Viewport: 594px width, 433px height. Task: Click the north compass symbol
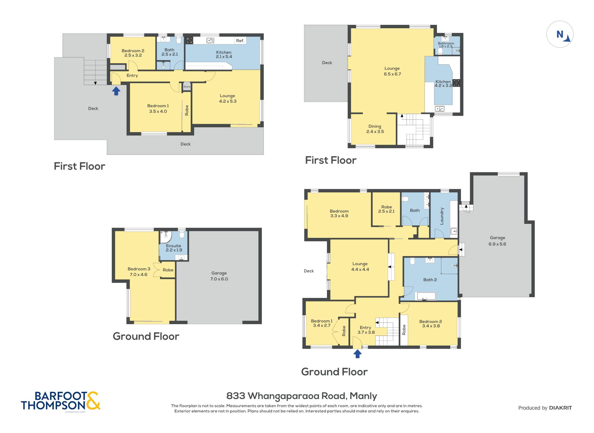tap(560, 34)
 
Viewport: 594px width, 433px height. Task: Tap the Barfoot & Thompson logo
tap(61, 401)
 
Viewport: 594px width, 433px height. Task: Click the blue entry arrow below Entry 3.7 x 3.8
tap(357, 354)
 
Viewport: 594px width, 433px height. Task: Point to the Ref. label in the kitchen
tap(240, 41)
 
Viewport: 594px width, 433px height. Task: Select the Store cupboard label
tap(187, 87)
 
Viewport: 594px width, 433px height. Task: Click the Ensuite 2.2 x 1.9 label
tap(174, 248)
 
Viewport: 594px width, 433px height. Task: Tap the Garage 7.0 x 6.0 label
tap(219, 276)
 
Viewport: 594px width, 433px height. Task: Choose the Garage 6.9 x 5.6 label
tap(497, 241)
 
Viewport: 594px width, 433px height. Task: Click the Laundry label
tap(442, 216)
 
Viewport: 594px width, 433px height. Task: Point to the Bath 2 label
tap(430, 280)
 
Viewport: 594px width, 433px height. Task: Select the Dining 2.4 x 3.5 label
tap(375, 129)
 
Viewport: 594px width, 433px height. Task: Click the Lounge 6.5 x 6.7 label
tap(392, 71)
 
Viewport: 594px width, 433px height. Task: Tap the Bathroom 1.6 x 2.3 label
tap(446, 45)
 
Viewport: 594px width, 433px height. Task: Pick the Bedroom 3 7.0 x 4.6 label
tap(139, 272)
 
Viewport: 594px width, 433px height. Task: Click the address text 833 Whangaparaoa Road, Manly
tap(302, 396)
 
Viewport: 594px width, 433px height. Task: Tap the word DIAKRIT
tap(560, 408)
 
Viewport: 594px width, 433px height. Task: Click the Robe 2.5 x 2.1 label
tap(386, 209)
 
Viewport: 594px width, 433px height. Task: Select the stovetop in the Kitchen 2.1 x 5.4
tap(189, 40)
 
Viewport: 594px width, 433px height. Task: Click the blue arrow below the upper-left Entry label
tap(116, 91)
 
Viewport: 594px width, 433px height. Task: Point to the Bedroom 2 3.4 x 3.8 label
tap(431, 323)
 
